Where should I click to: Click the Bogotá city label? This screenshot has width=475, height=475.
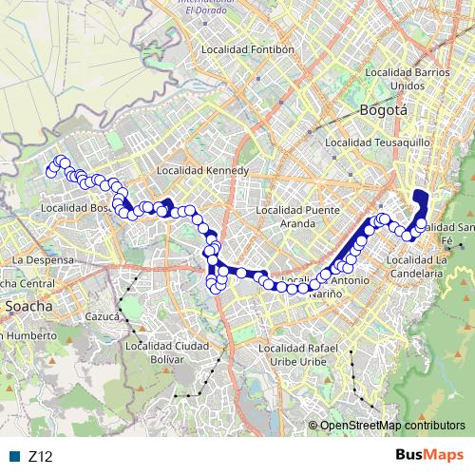tap(384, 110)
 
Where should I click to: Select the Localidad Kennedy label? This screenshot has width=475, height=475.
tap(201, 171)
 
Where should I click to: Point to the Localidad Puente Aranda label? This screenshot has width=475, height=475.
tap(297, 216)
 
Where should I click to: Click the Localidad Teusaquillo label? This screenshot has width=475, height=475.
tap(377, 142)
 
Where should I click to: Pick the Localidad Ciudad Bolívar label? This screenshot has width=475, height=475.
tap(167, 352)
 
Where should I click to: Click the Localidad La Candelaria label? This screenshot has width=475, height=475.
tap(414, 266)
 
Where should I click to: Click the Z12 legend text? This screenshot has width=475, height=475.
tap(40, 457)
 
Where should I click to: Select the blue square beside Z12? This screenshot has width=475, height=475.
tap(17, 457)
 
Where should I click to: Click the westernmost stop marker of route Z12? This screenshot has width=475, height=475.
tap(51, 172)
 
